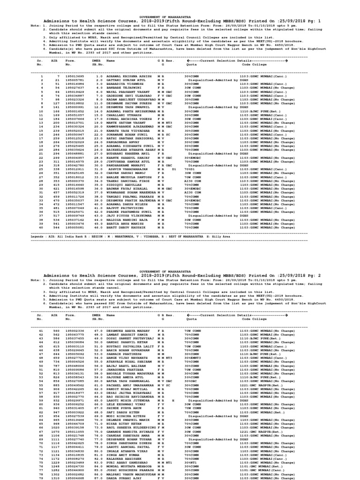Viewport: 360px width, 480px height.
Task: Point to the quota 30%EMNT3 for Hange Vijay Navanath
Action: click(193, 370)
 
